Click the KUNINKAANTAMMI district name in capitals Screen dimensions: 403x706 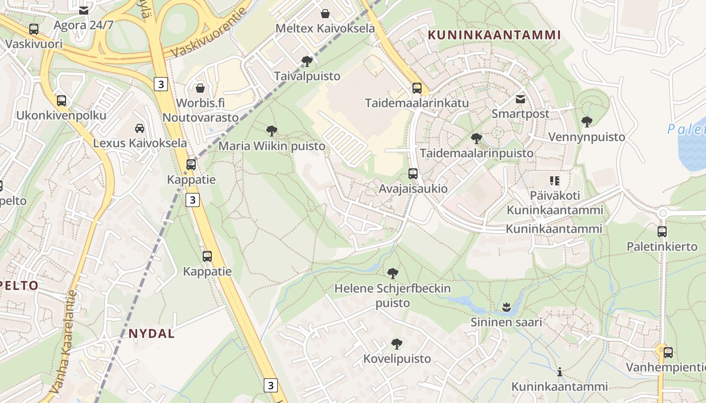tap(494, 35)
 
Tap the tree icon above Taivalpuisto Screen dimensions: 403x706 tap(306, 61)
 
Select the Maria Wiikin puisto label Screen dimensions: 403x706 tap(272, 146)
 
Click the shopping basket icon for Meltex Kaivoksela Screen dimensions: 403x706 tap(325, 14)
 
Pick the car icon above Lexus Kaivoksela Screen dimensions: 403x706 tap(140, 128)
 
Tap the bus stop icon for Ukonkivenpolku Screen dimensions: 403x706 tap(62, 101)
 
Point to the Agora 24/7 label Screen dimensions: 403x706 tap(83, 25)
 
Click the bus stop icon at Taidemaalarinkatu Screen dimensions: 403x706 tap(417, 88)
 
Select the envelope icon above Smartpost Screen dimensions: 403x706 tap(520, 99)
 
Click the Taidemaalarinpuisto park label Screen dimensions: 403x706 tap(477, 153)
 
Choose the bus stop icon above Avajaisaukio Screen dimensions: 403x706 tap(413, 174)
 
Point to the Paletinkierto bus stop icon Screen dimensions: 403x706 tap(662, 232)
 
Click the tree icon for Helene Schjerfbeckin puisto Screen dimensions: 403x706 tap(393, 274)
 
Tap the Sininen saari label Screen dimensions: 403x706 tap(506, 322)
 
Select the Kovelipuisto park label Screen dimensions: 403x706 tap(397, 359)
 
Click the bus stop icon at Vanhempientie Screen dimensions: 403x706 tap(668, 352)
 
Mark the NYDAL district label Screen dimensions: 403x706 tap(151, 333)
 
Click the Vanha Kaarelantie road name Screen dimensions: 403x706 tap(64, 343)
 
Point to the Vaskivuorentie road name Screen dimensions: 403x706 tap(211, 31)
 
